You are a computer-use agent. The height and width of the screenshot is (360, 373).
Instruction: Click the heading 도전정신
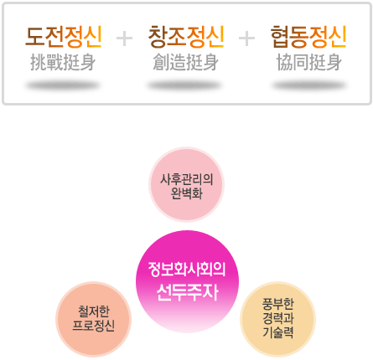[x=64, y=36]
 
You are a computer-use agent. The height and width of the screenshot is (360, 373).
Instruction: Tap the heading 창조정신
[x=186, y=36]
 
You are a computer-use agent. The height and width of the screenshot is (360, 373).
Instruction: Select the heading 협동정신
[x=308, y=37]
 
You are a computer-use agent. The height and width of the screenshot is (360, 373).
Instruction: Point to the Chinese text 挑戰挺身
[x=63, y=62]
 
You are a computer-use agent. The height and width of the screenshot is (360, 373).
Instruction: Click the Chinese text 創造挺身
[x=185, y=62]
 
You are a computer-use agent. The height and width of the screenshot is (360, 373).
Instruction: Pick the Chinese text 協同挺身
[x=308, y=62]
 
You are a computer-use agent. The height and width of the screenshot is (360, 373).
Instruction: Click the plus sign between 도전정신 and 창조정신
[x=124, y=39]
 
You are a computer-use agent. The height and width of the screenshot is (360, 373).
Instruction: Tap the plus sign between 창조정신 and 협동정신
[x=246, y=39]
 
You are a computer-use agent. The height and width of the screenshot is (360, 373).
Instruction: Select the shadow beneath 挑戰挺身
[x=63, y=85]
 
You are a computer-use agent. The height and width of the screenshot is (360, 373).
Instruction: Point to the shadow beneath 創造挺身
[x=185, y=85]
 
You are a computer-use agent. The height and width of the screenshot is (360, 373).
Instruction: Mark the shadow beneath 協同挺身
[x=309, y=85]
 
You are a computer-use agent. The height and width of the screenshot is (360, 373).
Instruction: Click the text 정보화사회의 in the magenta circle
[x=187, y=270]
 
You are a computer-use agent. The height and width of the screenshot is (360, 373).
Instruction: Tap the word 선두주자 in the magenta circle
[x=187, y=292]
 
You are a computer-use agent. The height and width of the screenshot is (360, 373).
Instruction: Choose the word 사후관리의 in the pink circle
[x=187, y=179]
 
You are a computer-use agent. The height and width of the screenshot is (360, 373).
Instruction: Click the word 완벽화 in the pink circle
[x=187, y=193]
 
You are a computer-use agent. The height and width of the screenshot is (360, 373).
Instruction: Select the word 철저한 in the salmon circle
[x=94, y=311]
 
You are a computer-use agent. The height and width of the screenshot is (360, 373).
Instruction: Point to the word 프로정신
[x=94, y=325]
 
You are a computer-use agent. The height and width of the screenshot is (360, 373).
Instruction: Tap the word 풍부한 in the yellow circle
[x=278, y=304]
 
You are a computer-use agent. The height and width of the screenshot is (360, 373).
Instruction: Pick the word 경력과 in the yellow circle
[x=278, y=318]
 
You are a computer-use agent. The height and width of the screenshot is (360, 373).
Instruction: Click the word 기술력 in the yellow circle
[x=278, y=332]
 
